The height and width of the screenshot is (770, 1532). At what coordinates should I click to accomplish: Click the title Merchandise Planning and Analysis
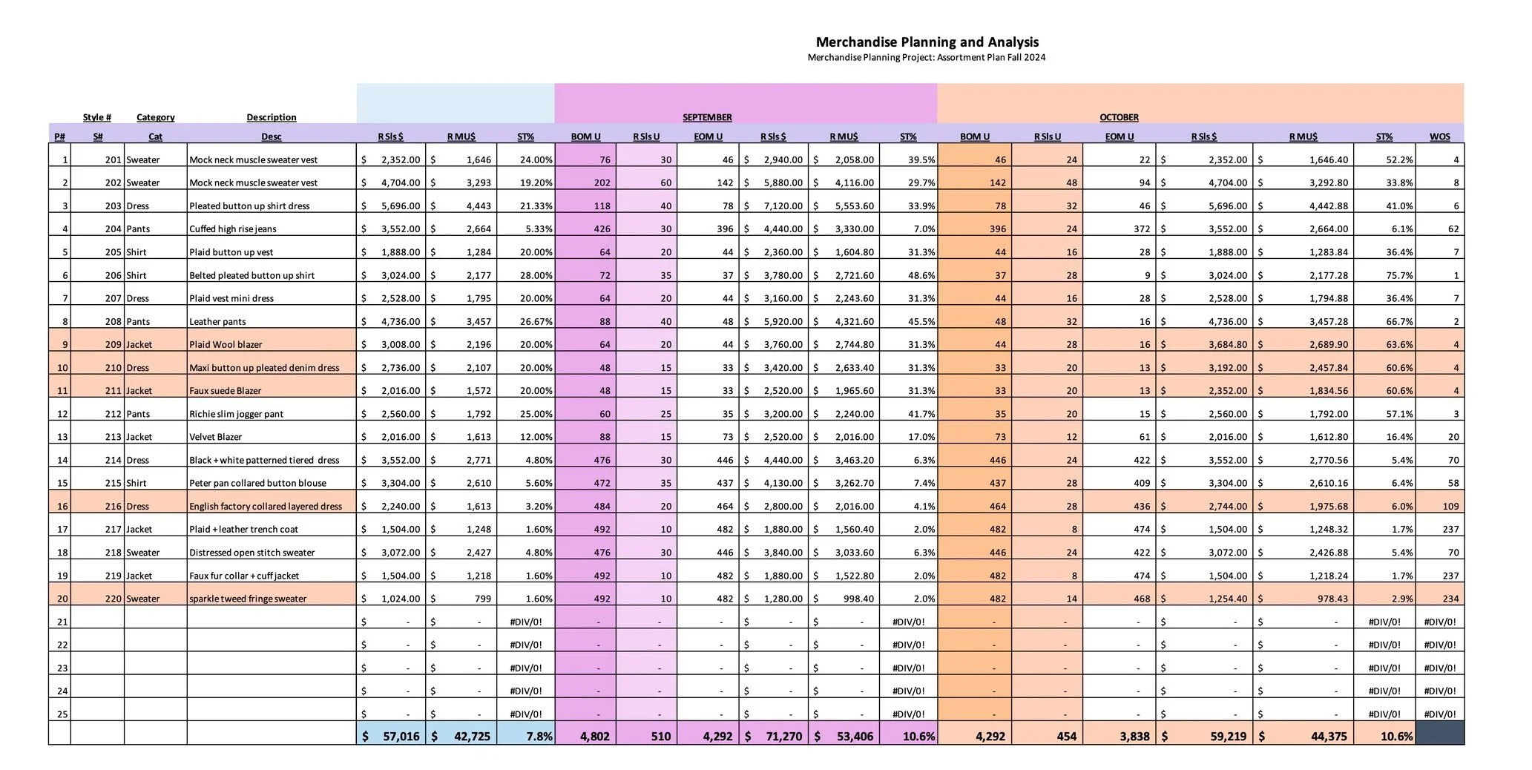(927, 42)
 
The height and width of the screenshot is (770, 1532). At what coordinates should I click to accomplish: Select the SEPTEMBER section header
(707, 117)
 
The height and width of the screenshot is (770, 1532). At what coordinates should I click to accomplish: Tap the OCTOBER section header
(1119, 117)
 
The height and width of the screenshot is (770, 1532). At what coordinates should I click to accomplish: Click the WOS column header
(1439, 136)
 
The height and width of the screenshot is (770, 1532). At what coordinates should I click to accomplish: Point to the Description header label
(272, 117)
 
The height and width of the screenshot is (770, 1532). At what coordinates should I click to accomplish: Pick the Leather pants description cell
(217, 321)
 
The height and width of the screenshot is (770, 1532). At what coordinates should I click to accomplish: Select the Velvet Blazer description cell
(216, 437)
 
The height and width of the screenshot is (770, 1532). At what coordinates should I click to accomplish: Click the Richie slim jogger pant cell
(236, 414)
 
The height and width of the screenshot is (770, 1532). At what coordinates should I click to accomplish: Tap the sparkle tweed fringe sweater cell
(248, 599)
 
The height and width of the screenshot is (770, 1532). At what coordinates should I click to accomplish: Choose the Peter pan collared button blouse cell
(257, 483)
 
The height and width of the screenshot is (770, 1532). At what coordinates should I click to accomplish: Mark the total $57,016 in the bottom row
(391, 736)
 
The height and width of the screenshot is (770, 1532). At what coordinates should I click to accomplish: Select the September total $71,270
(774, 736)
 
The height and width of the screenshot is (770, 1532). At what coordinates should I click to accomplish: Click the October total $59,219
(1205, 736)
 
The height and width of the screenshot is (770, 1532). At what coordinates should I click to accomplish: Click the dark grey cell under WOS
(1439, 733)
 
